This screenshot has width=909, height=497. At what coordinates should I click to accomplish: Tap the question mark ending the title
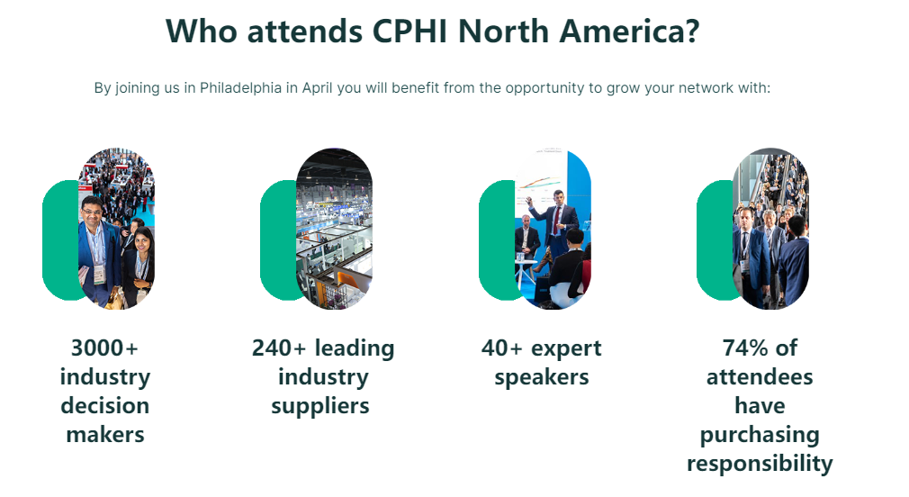click(692, 31)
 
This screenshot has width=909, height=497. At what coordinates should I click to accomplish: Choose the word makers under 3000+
click(105, 434)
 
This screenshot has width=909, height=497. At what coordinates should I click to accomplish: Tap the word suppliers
click(320, 406)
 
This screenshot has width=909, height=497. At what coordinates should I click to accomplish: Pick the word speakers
click(542, 377)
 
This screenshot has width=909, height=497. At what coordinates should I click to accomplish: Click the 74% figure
click(745, 348)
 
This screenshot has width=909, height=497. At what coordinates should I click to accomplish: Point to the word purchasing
click(760, 435)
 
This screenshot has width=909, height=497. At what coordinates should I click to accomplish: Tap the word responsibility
click(760, 464)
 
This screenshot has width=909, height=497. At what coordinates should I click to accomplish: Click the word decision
click(105, 406)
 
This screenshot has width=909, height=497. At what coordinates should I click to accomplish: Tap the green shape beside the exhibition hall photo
click(279, 240)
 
